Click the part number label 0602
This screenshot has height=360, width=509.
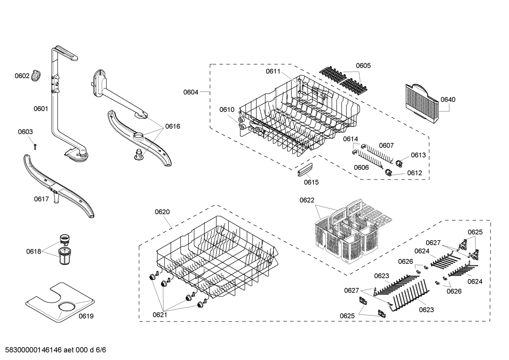click(x=22, y=76)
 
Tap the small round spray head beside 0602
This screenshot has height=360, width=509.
click(x=36, y=75)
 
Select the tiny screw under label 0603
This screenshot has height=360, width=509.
click(x=35, y=146)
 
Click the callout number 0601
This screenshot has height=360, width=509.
click(x=41, y=109)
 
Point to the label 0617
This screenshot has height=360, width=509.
click(x=41, y=199)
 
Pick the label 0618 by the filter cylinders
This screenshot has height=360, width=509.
click(x=33, y=252)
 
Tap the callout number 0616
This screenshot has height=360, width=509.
click(x=173, y=126)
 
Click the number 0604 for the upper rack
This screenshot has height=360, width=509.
click(x=191, y=92)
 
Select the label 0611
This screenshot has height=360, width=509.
click(x=273, y=71)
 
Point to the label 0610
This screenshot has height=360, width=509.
click(x=227, y=110)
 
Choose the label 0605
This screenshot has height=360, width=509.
click(x=363, y=66)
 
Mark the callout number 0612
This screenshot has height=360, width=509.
click(x=414, y=173)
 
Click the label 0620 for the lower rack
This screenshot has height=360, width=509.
click(x=162, y=212)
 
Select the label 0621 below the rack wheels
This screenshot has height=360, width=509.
click(x=160, y=314)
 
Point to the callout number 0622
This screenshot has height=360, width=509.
click(x=307, y=200)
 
